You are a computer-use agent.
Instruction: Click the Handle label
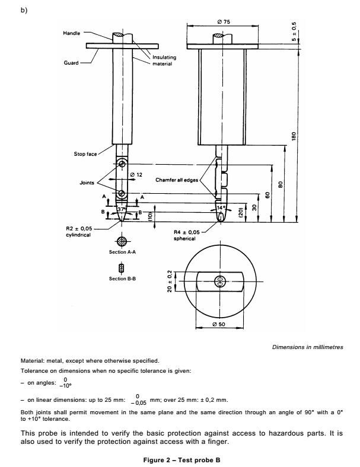(x=71, y=33)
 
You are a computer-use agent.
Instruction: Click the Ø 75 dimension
(x=223, y=24)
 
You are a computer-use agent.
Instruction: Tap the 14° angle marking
(x=220, y=208)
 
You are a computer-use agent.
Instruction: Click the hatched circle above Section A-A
(x=121, y=241)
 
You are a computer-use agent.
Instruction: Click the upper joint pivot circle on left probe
(x=121, y=163)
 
